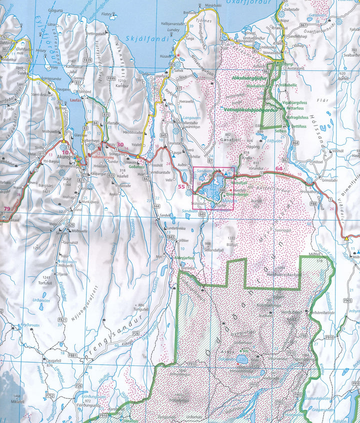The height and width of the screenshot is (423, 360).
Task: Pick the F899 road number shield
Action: (x=110, y=78)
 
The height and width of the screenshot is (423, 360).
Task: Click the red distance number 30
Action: (x=120, y=144)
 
